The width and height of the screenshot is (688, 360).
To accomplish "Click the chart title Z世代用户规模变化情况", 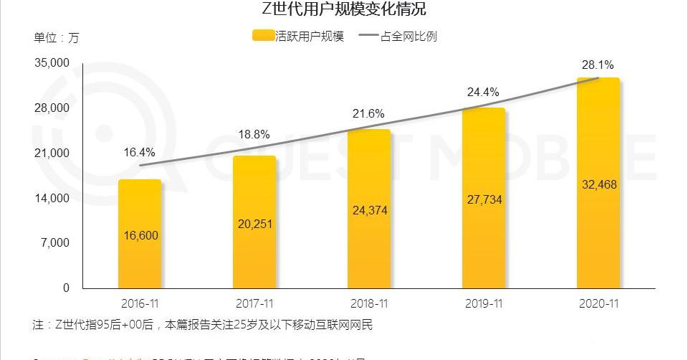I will [344, 10].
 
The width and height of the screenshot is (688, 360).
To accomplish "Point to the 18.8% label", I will [254, 134].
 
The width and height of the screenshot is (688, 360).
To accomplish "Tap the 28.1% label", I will [598, 65].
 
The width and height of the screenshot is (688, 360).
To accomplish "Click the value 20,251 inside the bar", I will [254, 224].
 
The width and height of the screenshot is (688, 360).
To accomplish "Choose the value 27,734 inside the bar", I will [484, 199].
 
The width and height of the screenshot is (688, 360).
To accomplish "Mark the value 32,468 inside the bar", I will [598, 184].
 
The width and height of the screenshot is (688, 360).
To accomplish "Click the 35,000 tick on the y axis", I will [52, 63].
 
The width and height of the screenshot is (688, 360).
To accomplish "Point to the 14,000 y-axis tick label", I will [52, 198].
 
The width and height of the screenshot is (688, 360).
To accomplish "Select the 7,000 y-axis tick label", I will [55, 242].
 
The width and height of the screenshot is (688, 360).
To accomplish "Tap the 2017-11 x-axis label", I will [254, 303].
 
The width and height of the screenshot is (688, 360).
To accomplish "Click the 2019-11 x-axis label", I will [484, 303].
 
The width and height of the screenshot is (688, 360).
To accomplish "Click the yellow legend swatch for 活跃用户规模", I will [263, 36].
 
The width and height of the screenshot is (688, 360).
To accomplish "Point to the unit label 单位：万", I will [57, 37].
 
